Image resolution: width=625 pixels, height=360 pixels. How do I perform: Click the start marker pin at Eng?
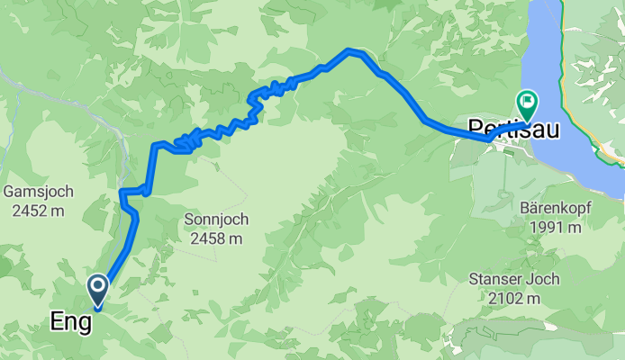pos(96,289)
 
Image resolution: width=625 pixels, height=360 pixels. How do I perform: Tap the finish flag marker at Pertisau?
pos(525,103)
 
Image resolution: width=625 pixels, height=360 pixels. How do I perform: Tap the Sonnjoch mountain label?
pos(215,219)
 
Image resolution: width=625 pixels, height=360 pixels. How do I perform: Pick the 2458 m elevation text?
pos(215,238)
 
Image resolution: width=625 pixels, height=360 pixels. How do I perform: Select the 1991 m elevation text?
pos(555,228)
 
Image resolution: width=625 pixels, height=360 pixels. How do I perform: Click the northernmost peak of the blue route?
pos(349,50)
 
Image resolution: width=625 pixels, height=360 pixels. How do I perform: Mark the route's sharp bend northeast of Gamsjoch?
pos(122,192)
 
